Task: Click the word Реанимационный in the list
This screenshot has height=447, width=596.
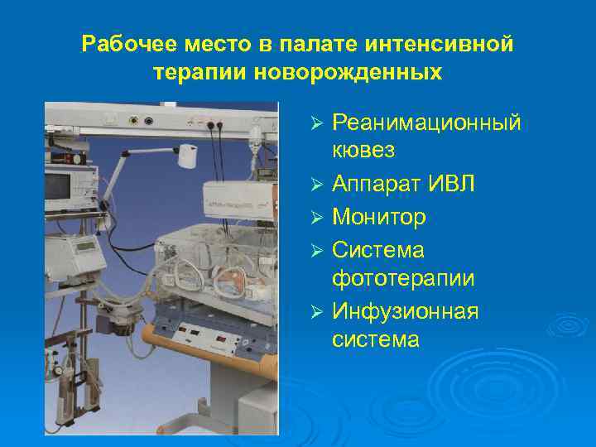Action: tap(426, 123)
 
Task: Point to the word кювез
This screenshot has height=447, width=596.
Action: tap(363, 151)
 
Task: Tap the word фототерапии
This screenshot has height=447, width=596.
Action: tap(403, 278)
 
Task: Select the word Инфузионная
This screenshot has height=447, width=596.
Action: tap(406, 311)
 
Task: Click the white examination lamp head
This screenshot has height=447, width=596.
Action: tap(188, 155)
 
